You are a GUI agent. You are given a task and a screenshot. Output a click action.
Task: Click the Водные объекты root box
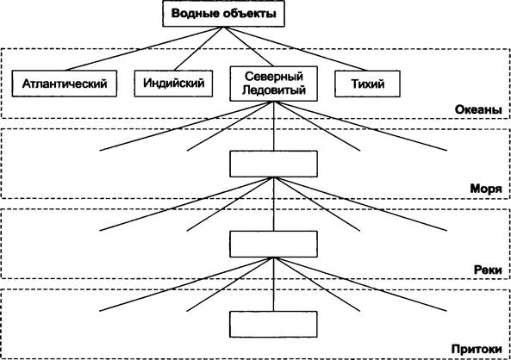[x=223, y=14]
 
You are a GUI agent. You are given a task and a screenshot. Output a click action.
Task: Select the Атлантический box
[x=65, y=84]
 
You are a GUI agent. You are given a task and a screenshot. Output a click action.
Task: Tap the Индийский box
[x=174, y=84]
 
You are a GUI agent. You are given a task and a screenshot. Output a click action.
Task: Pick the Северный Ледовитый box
[x=274, y=84]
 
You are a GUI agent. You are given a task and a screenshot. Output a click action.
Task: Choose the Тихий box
[x=367, y=84]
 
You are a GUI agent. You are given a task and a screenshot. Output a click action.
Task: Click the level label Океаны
[x=478, y=109]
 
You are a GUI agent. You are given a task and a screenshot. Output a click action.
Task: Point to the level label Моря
[x=486, y=189]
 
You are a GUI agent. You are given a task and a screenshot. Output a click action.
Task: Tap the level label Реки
[x=488, y=270]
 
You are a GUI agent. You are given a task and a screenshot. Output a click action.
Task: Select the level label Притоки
[x=477, y=350]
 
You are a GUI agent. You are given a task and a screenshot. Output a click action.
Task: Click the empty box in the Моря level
[x=274, y=164]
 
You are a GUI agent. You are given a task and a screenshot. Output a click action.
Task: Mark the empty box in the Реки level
[x=274, y=244]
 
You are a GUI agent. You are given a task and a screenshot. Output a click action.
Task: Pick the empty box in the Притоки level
[x=274, y=324]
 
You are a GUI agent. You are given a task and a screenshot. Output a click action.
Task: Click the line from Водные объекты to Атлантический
[x=144, y=48]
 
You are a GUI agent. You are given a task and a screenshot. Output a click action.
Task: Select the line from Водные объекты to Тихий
[x=296, y=48]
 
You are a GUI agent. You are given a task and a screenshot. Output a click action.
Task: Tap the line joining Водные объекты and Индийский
[x=199, y=48]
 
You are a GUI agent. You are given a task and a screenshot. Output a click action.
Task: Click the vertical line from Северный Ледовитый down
[x=274, y=126]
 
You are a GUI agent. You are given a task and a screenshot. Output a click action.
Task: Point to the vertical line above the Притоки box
[x=274, y=284]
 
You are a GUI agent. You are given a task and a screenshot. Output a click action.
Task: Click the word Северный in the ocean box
[x=274, y=77]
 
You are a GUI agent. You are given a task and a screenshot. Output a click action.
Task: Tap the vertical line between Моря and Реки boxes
[x=274, y=204]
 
